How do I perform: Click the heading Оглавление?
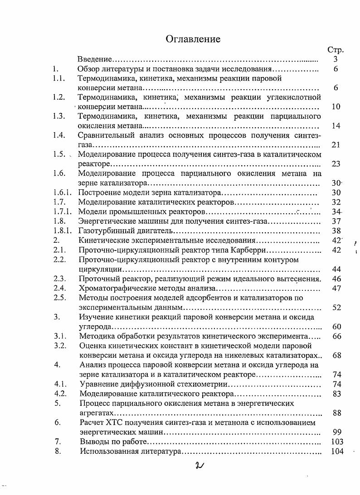193,39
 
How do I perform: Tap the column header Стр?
335,50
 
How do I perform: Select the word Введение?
94,59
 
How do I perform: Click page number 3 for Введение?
336,59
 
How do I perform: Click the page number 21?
336,145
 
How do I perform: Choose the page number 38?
336,231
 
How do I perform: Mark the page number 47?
336,288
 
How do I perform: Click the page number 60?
336,327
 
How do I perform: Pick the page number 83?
336,394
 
